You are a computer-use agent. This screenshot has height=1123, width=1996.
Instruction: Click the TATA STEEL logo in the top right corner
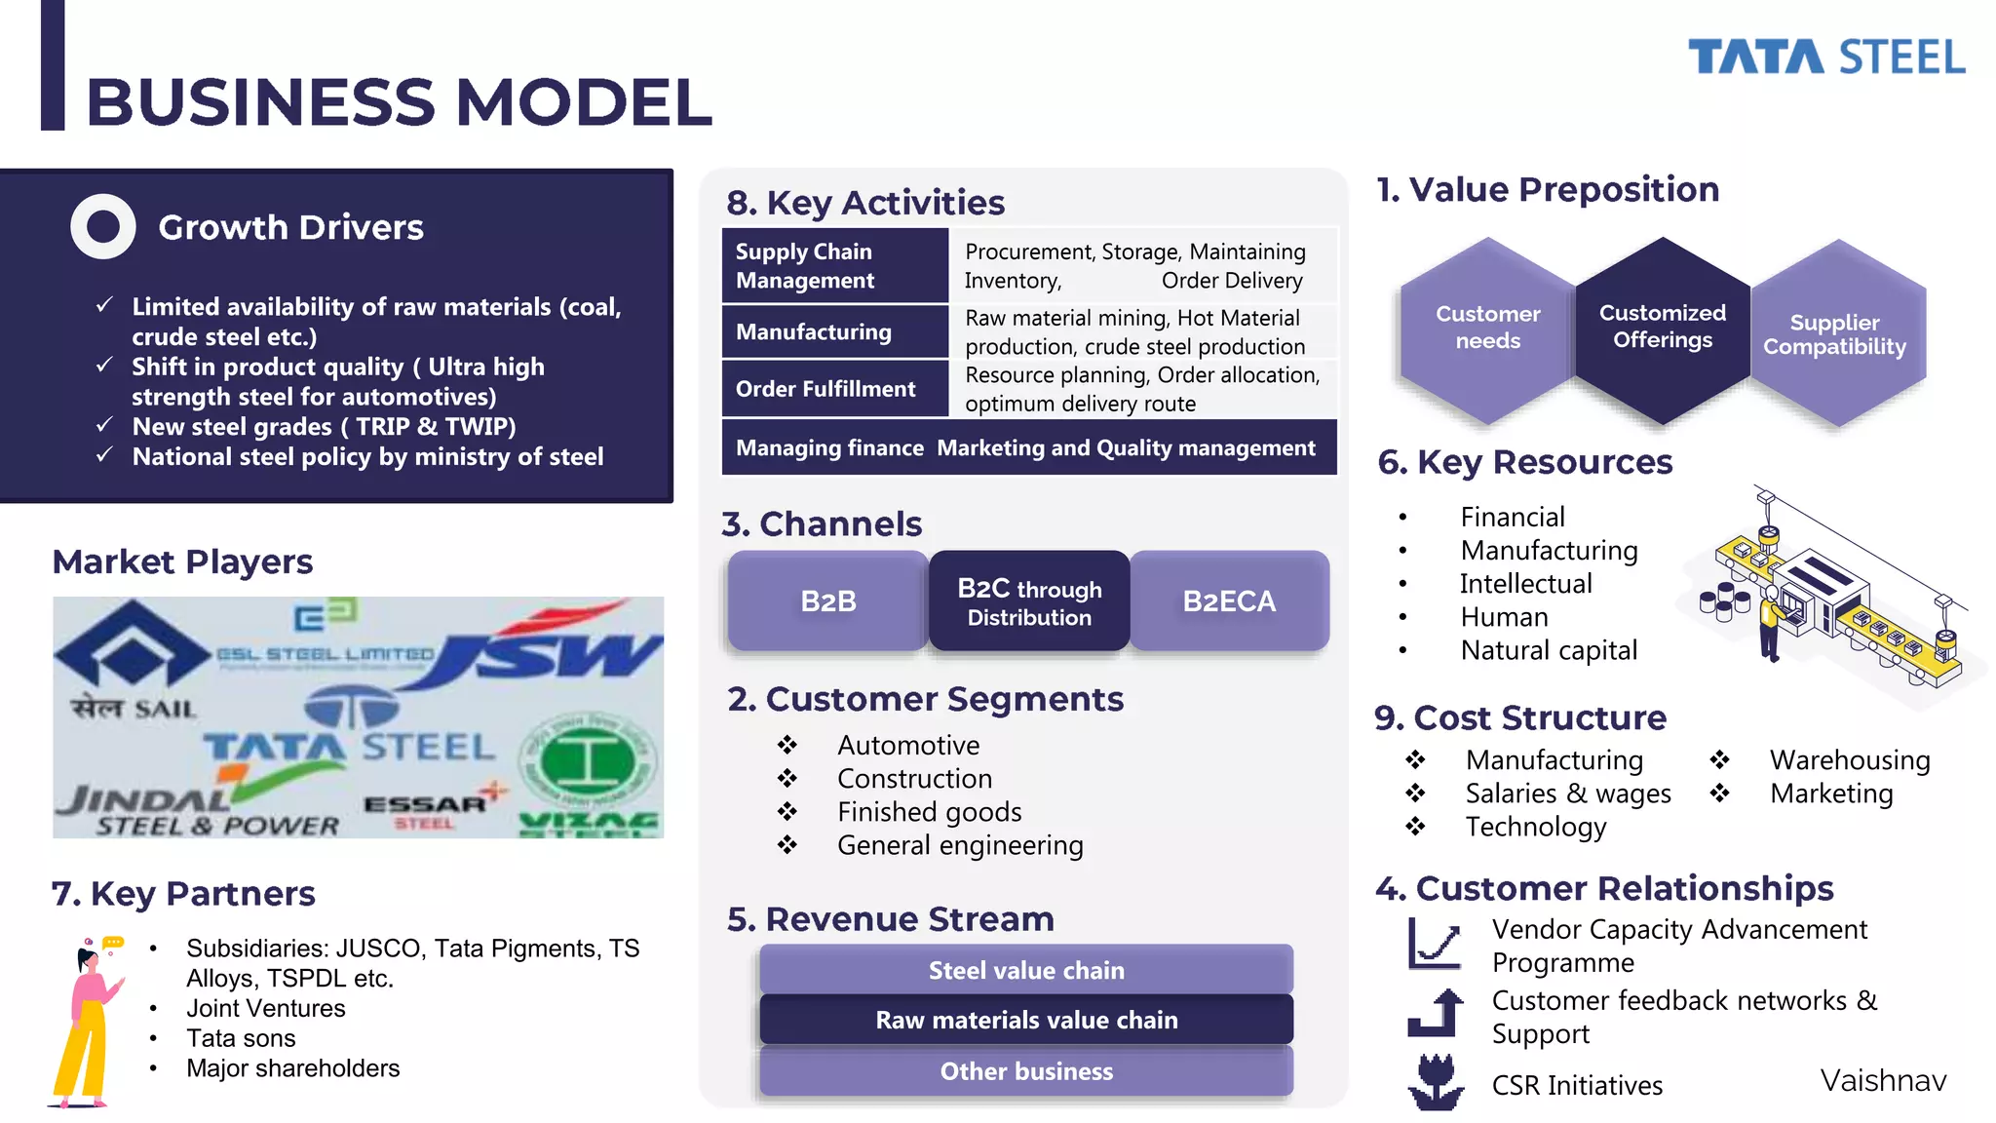[1825, 57]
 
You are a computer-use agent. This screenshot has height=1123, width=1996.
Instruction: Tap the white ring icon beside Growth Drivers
[103, 226]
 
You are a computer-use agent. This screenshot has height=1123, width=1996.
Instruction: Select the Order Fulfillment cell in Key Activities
[834, 389]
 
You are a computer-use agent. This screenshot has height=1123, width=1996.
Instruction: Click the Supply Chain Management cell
[834, 265]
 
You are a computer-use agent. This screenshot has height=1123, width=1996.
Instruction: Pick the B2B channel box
[827, 600]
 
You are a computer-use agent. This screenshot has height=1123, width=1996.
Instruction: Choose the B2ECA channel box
[1229, 600]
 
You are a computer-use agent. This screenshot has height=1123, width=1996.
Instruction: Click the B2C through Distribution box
[1029, 601]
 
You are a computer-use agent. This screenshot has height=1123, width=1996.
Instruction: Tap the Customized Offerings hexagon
[1662, 328]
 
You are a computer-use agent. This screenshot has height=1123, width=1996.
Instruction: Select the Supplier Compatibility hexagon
[1835, 333]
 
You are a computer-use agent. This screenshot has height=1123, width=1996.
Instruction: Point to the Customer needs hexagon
[1487, 329]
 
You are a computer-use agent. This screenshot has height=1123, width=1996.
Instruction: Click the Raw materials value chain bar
[1026, 1020]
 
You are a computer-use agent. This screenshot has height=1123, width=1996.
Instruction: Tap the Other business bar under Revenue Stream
[1026, 1071]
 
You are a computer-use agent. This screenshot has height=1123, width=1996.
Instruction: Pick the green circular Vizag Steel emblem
[588, 762]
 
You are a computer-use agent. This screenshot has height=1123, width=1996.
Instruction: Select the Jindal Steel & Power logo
[195, 809]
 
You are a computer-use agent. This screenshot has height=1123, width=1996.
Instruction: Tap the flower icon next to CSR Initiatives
[1435, 1082]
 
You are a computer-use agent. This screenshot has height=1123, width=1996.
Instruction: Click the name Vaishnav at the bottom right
[1883, 1080]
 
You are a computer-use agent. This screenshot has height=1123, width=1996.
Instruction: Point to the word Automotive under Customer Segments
[908, 745]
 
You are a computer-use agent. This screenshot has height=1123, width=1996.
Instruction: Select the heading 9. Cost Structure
[1520, 717]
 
